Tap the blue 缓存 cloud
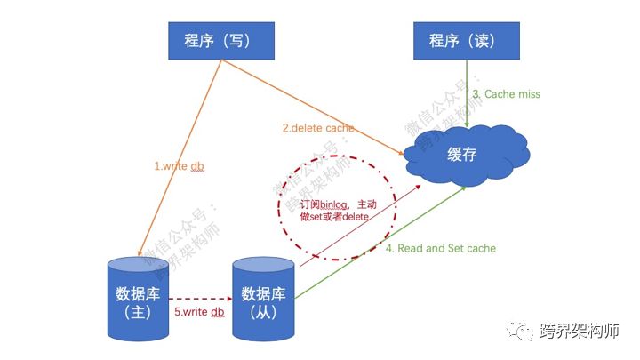(x=463, y=155)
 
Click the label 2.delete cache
(x=317, y=128)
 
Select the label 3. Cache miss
(x=506, y=94)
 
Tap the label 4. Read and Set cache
(x=441, y=248)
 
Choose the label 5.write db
(x=198, y=311)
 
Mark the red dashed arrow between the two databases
(x=200, y=299)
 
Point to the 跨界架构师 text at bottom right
(x=579, y=332)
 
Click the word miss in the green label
(x=527, y=94)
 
